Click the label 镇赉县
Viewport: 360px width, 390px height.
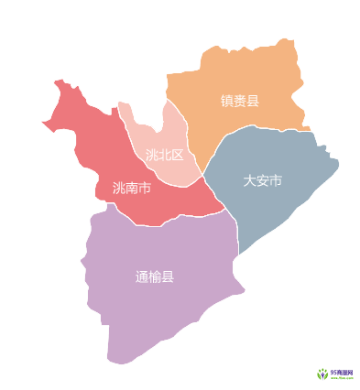[240, 101]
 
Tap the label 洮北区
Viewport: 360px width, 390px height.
[165, 155]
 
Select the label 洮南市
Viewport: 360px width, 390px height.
[131, 188]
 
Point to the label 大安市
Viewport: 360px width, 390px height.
[262, 180]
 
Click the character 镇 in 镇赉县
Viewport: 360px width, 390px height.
[227, 101]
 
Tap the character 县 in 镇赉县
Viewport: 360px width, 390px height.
[253, 101]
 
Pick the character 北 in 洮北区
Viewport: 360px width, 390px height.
[165, 155]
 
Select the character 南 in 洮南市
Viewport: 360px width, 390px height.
[131, 188]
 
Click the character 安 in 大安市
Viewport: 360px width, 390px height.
[262, 180]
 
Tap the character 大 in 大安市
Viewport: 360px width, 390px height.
[249, 180]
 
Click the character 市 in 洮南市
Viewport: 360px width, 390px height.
[144, 188]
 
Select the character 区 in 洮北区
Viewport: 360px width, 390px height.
[178, 155]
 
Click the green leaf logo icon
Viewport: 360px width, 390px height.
[322, 374]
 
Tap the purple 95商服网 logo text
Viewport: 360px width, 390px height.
[341, 371]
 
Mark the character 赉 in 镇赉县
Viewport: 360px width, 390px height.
[240, 101]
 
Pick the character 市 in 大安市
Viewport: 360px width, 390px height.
[275, 180]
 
